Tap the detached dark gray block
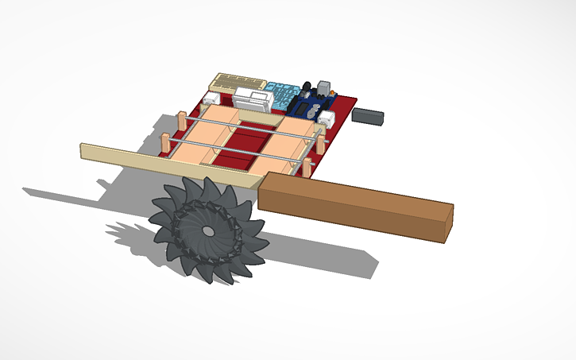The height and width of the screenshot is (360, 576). [368, 116]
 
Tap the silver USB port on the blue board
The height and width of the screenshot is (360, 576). [323, 86]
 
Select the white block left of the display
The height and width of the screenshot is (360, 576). [212, 99]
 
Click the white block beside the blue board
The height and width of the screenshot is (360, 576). [327, 119]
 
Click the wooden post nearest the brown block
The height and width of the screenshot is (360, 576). [306, 167]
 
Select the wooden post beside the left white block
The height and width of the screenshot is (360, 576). [182, 120]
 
